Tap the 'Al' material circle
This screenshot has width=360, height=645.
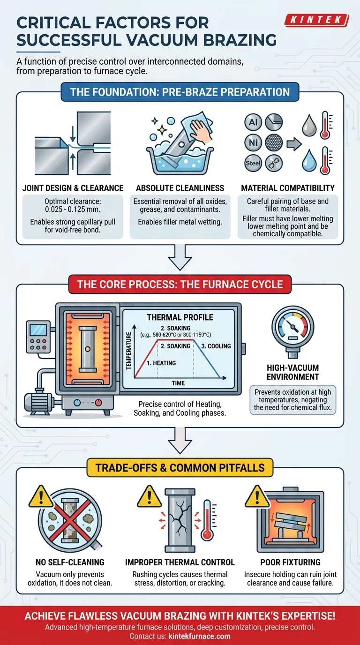[253, 122]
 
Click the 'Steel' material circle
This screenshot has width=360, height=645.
[253, 163]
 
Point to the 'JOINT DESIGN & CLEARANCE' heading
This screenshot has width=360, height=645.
[73, 188]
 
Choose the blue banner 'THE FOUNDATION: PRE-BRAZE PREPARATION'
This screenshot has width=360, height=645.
[180, 91]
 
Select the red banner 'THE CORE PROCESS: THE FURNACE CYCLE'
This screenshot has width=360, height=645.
[180, 284]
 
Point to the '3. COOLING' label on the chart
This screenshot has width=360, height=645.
[216, 346]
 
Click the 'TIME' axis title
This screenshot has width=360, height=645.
[178, 383]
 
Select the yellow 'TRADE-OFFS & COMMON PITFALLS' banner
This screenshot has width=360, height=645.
[180, 467]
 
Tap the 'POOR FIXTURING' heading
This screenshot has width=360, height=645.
[290, 562]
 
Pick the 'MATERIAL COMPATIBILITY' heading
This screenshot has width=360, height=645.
[288, 188]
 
